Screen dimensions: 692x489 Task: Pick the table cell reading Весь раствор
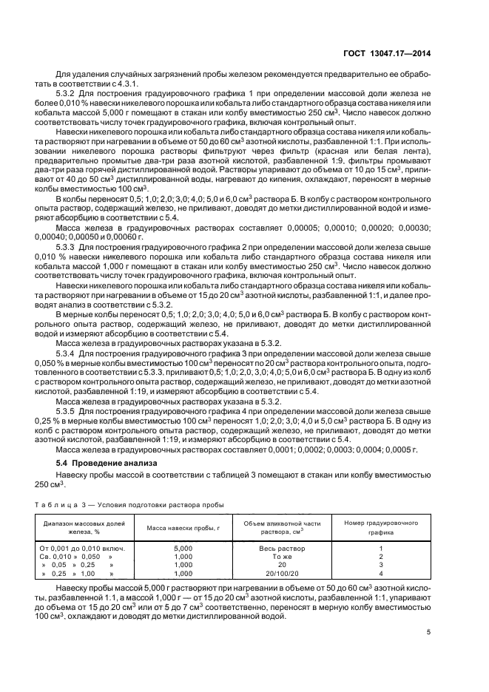[282, 548]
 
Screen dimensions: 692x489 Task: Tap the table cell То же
[282, 556]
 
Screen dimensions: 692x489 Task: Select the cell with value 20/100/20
[282, 573]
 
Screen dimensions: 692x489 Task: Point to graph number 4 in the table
[381, 573]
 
